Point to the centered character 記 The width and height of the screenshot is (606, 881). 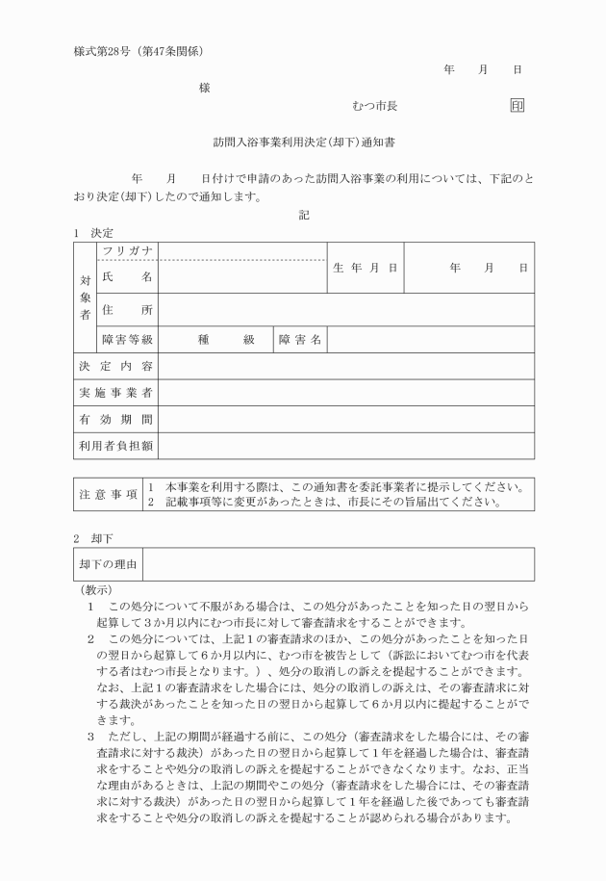coord(304,216)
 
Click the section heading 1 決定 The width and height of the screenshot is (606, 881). coord(93,233)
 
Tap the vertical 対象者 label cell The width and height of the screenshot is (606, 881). coord(85,297)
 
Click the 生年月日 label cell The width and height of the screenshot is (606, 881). coord(365,269)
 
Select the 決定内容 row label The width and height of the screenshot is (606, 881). coord(114,366)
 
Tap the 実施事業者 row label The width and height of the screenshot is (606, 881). coord(114,393)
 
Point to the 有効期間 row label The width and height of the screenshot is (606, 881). coord(114,420)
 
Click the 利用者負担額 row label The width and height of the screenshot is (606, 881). coord(114,446)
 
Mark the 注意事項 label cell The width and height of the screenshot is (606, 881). coord(108,494)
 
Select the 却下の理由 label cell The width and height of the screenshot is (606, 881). coord(108,564)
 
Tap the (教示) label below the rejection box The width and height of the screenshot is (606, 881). coord(95,589)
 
